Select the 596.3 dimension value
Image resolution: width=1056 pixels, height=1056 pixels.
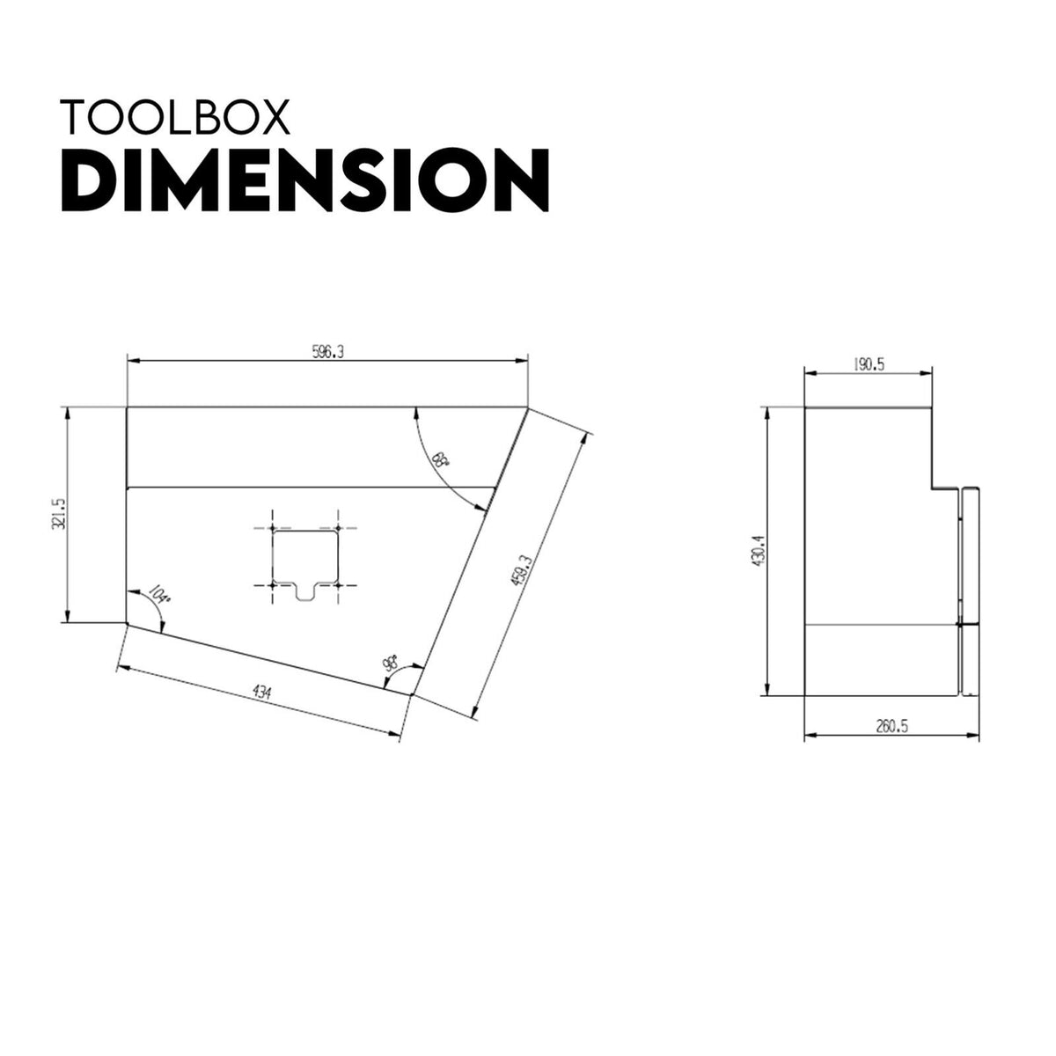(x=327, y=351)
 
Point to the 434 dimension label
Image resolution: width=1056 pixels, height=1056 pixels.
(x=261, y=692)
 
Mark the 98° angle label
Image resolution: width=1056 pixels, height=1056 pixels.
(x=390, y=664)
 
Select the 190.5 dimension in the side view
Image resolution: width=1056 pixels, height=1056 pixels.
(x=868, y=364)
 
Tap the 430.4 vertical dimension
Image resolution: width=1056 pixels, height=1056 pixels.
(x=758, y=551)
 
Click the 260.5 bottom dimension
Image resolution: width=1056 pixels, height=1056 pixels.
(x=891, y=726)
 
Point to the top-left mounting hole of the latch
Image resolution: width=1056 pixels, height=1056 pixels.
(x=274, y=528)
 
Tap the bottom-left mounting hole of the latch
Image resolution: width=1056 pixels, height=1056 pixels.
(x=274, y=583)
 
